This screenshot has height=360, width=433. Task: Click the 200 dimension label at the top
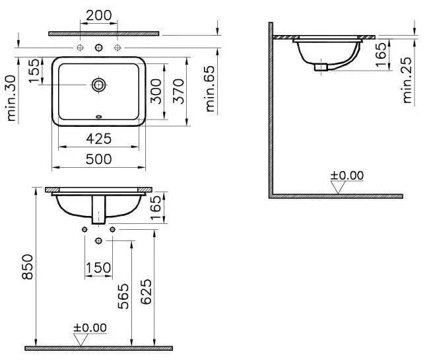[x=98, y=15]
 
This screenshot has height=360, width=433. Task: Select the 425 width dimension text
[x=98, y=139]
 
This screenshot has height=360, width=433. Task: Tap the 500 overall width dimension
[x=98, y=159]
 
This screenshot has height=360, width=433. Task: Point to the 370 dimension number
[x=178, y=91]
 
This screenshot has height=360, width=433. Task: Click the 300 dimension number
[x=156, y=91]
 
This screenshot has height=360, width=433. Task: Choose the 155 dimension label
[x=34, y=71]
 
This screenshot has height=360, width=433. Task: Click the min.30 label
[x=11, y=98]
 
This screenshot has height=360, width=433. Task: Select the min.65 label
[x=210, y=89]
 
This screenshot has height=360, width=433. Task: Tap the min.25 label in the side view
[x=407, y=81]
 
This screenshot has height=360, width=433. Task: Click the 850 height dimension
[x=27, y=267]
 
